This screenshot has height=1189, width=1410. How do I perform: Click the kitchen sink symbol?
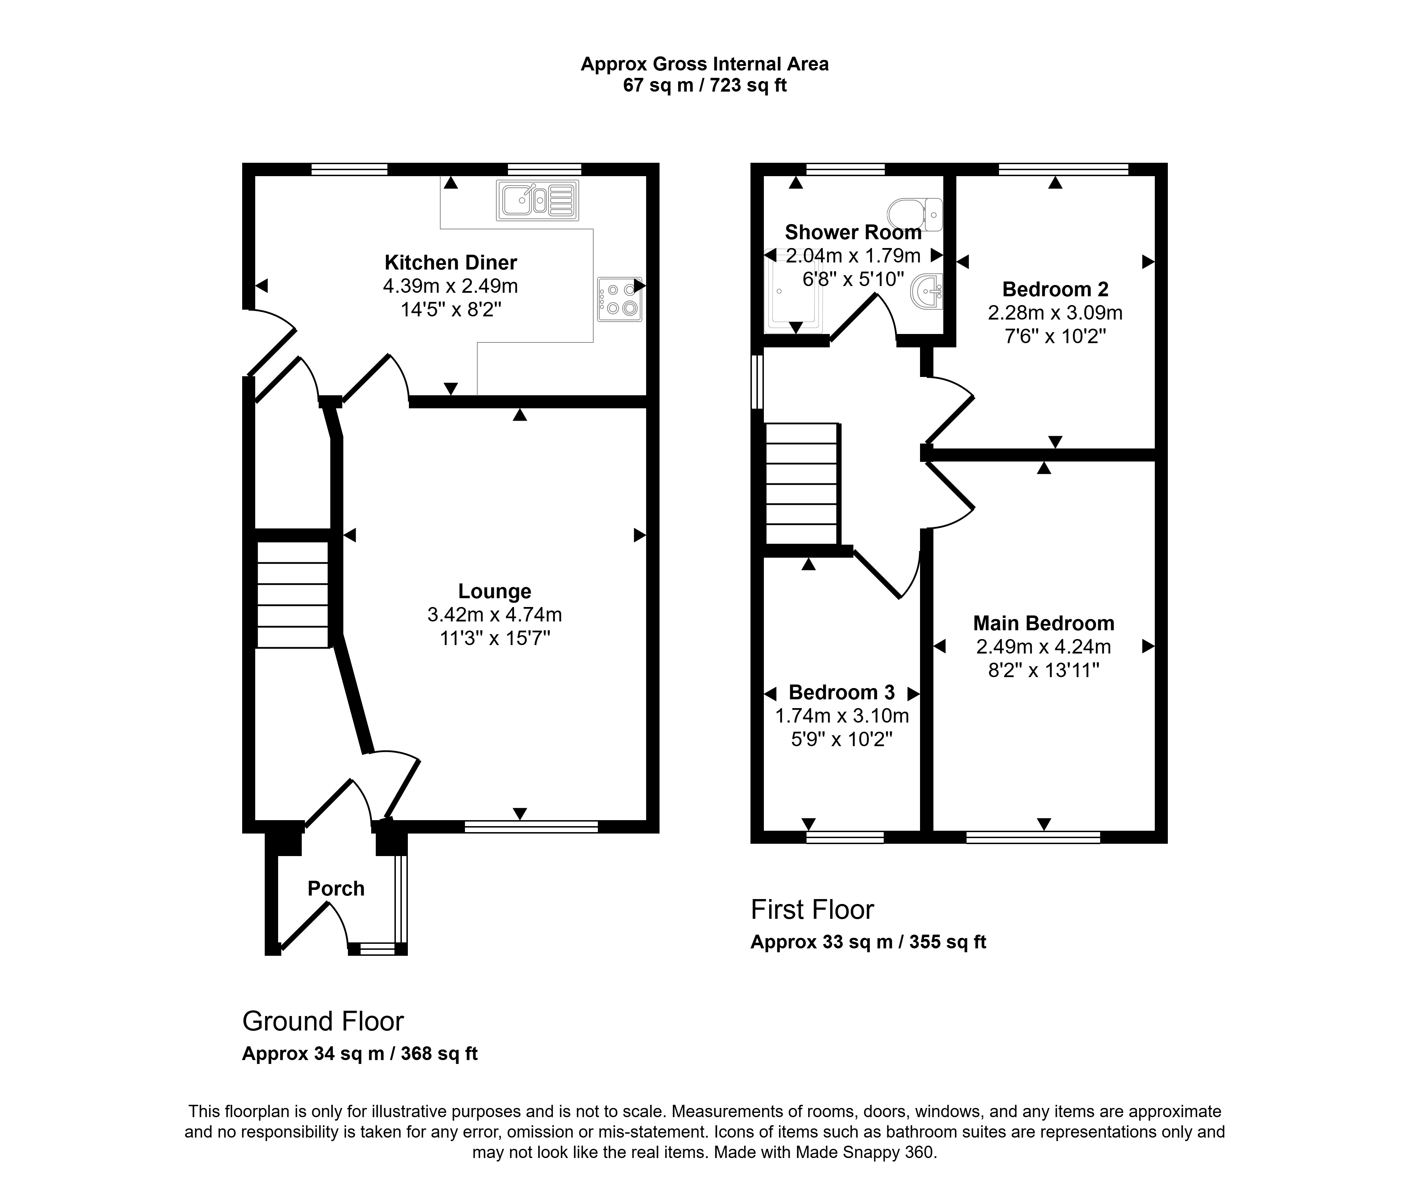537,200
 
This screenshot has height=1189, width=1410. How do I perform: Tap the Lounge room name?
494,591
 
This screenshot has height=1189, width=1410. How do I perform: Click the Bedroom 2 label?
1055,289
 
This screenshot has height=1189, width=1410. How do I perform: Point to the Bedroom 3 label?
841,692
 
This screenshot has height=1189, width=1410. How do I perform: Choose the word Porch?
336,888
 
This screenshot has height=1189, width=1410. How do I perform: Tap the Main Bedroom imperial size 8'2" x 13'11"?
1043,670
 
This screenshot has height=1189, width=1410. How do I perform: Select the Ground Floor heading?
323,1021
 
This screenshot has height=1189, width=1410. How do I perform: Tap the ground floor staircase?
292,595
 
